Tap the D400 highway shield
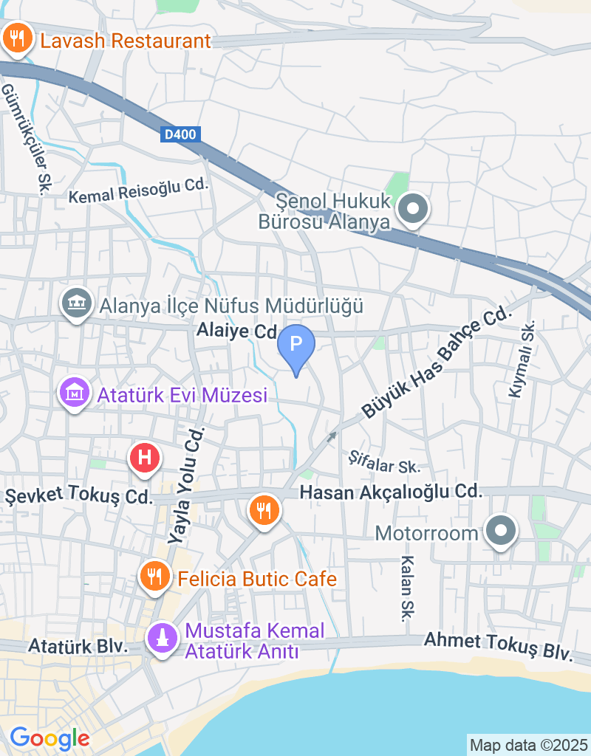point(180,134)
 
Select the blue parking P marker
point(295,345)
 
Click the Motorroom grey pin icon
point(501,531)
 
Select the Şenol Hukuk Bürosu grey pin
point(413,208)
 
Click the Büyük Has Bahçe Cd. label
point(436,362)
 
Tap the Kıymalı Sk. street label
point(521,360)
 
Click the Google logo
point(49,738)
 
